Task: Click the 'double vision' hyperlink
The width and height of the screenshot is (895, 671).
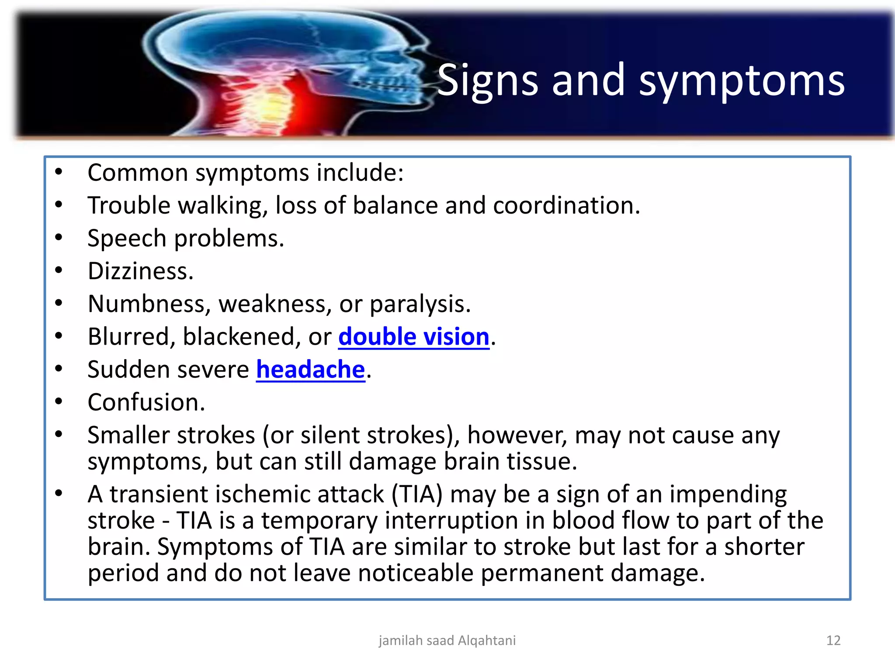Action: tap(413, 337)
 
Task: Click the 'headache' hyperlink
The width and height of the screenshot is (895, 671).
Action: tap(310, 370)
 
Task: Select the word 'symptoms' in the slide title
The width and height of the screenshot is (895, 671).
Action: tap(742, 82)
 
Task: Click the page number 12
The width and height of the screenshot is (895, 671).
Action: tap(833, 640)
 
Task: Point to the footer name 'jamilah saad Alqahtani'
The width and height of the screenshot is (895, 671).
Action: tap(447, 640)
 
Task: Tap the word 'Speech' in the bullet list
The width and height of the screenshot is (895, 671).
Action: tap(127, 239)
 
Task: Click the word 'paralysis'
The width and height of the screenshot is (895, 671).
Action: tap(420, 304)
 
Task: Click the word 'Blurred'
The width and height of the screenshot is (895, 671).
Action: tap(128, 337)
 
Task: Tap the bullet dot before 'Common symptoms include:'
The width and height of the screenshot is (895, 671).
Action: tap(59, 172)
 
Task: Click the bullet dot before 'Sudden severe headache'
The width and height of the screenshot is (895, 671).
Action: tap(59, 369)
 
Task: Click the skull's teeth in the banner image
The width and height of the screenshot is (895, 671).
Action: tap(385, 83)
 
